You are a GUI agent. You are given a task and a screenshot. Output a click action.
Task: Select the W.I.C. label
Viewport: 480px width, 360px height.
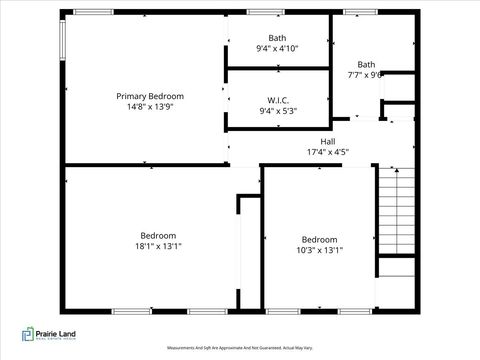(x=277, y=100)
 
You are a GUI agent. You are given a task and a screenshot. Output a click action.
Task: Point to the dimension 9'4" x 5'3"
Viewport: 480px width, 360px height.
(x=277, y=111)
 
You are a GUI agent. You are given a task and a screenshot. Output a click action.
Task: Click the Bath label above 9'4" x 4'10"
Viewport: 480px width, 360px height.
(x=277, y=38)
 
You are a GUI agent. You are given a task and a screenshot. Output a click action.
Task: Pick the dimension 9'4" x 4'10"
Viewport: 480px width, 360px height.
(x=277, y=48)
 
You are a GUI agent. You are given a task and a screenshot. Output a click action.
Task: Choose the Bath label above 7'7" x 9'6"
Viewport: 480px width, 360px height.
(x=367, y=64)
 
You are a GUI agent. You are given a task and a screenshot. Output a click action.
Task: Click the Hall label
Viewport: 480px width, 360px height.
(x=327, y=141)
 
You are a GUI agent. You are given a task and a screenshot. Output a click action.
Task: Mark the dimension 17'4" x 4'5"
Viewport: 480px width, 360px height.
(x=327, y=153)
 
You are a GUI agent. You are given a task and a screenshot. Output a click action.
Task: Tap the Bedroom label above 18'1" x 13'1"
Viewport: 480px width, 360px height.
(x=158, y=235)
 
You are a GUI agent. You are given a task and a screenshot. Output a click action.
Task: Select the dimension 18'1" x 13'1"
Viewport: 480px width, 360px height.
(x=158, y=246)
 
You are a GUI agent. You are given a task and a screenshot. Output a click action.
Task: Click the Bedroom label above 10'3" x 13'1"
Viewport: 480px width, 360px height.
(x=320, y=239)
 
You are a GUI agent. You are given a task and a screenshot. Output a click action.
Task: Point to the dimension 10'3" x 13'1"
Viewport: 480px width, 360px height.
(x=320, y=251)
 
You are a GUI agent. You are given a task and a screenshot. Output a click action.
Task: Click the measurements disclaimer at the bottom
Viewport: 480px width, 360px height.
(x=239, y=348)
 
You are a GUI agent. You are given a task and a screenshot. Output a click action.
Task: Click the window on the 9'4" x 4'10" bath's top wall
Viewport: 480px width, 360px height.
(x=262, y=12)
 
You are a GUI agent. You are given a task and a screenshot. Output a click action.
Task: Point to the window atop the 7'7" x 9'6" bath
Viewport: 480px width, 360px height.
(x=360, y=12)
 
